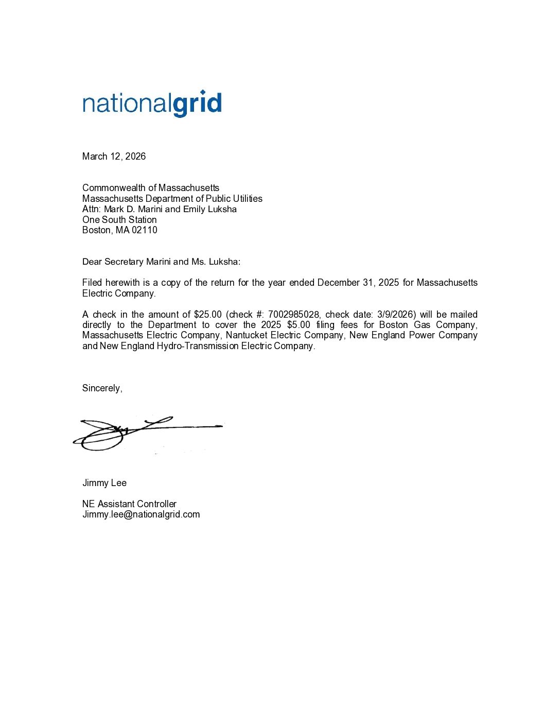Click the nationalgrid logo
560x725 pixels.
152,103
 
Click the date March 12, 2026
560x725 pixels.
114,157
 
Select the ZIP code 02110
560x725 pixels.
145,230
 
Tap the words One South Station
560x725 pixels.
119,220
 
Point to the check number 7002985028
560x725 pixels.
293,315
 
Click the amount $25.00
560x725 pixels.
207,315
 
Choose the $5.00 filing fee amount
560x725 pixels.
299,325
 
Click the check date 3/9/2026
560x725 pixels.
395,315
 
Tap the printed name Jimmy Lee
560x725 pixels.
104,483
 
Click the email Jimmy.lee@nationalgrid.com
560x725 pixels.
141,514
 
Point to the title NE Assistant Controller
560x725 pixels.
129,504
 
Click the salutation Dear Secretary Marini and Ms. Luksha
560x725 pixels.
161,262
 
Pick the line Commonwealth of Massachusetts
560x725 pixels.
151,188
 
